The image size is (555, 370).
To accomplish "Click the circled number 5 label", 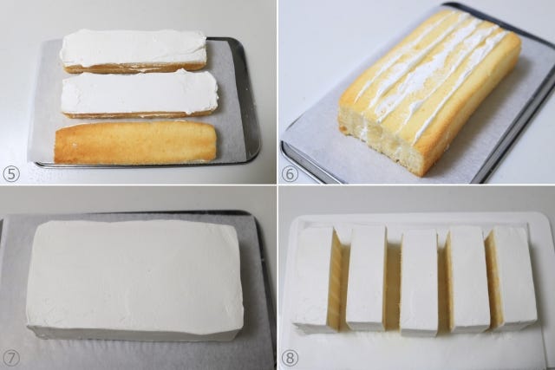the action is pyautogui.click(x=11, y=174).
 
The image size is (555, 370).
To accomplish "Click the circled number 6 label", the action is pyautogui.click(x=290, y=174).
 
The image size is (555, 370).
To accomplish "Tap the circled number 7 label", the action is pyautogui.click(x=11, y=358).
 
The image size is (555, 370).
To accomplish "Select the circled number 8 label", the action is pyautogui.click(x=290, y=358).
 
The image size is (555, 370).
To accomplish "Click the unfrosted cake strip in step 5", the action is pyautogui.click(x=135, y=142).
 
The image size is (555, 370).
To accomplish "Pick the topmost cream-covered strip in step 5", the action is pyautogui.click(x=133, y=50).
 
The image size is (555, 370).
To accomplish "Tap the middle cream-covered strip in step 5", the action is pyautogui.click(x=139, y=94).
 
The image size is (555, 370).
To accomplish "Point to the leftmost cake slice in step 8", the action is pyautogui.click(x=313, y=279).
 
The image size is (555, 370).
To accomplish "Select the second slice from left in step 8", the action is pyautogui.click(x=366, y=277).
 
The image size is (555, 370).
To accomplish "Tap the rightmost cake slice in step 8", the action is pyautogui.click(x=513, y=277).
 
